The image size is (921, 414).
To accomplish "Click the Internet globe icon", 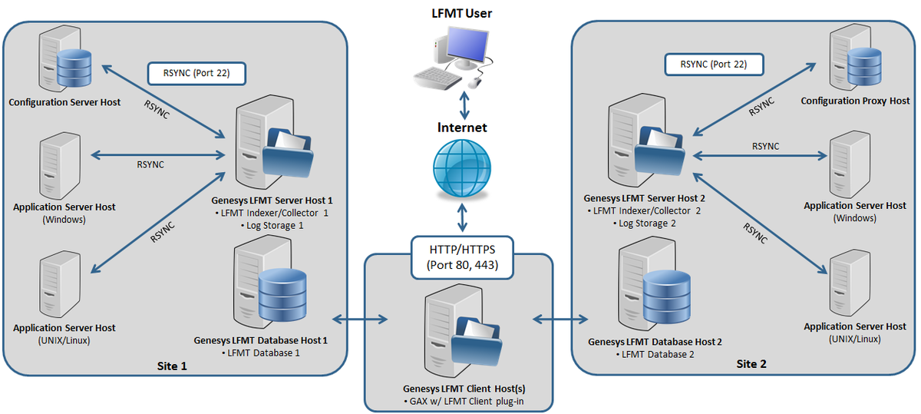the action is click(x=462, y=168).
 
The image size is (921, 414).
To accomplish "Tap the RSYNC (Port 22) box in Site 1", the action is click(x=196, y=73).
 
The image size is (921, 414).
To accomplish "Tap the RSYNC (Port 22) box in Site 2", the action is click(x=714, y=65).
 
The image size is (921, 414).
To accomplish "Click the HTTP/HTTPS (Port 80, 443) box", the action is click(x=462, y=257).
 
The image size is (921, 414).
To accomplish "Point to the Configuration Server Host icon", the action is click(x=64, y=58).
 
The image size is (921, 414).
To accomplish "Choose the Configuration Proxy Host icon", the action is click(x=856, y=57).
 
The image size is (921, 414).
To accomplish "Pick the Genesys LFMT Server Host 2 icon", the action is click(x=646, y=141).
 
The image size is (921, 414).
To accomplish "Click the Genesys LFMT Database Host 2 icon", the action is click(x=654, y=283).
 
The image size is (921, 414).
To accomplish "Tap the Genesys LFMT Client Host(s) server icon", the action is click(x=464, y=330).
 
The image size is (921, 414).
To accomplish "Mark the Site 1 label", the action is click(x=172, y=366).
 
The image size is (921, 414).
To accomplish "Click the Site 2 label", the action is click(x=751, y=364).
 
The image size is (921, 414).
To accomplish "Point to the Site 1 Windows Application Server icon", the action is click(x=60, y=166).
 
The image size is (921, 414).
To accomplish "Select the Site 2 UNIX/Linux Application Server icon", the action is click(x=850, y=283).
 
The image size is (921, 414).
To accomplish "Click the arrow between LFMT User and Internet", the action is click(x=464, y=105).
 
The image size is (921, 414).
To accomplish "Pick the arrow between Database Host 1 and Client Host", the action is click(x=360, y=319).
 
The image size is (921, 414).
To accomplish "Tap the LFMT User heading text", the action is click(x=462, y=13).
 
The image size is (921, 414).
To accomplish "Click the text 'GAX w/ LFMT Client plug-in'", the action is click(x=467, y=401).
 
